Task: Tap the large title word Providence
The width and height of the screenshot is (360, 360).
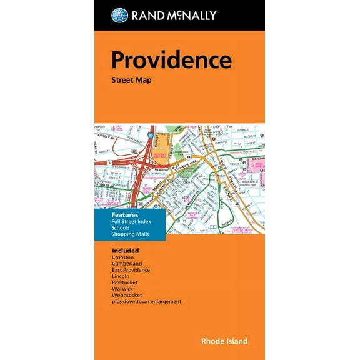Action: pos(171,60)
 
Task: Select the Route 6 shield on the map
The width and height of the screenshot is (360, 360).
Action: pos(109,162)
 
